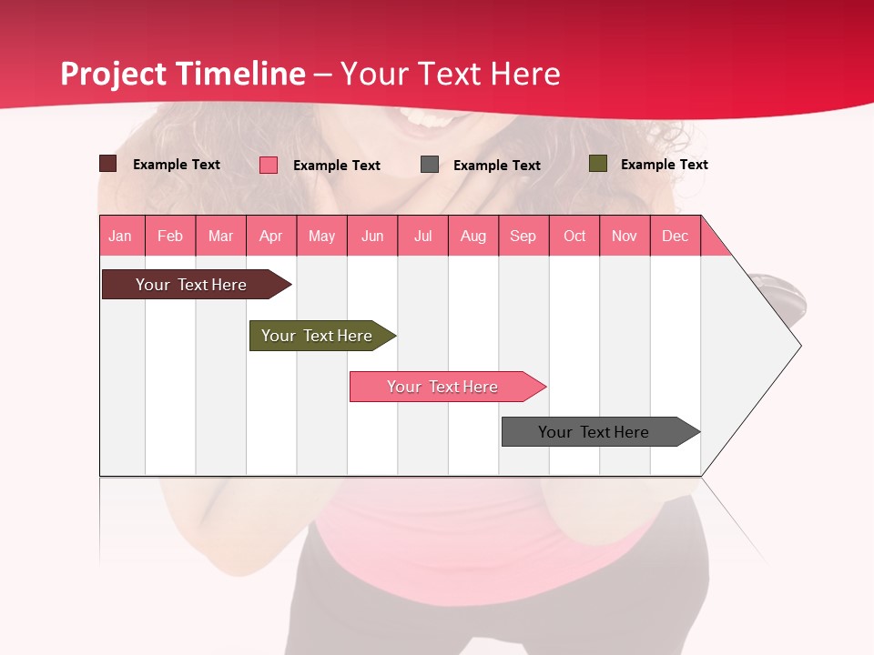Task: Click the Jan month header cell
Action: [121, 236]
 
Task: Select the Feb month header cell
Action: [170, 236]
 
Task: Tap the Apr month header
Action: [271, 236]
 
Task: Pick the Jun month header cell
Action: [372, 236]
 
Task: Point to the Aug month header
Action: [473, 236]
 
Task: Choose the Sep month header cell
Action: [523, 236]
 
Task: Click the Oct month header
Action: [574, 236]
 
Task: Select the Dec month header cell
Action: [676, 236]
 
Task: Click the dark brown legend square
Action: [108, 164]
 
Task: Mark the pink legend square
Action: [269, 165]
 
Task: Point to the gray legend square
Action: [430, 165]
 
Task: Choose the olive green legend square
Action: [598, 164]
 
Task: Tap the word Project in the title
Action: [114, 74]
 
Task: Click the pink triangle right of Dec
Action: [712, 241]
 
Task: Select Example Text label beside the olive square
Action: [664, 165]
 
